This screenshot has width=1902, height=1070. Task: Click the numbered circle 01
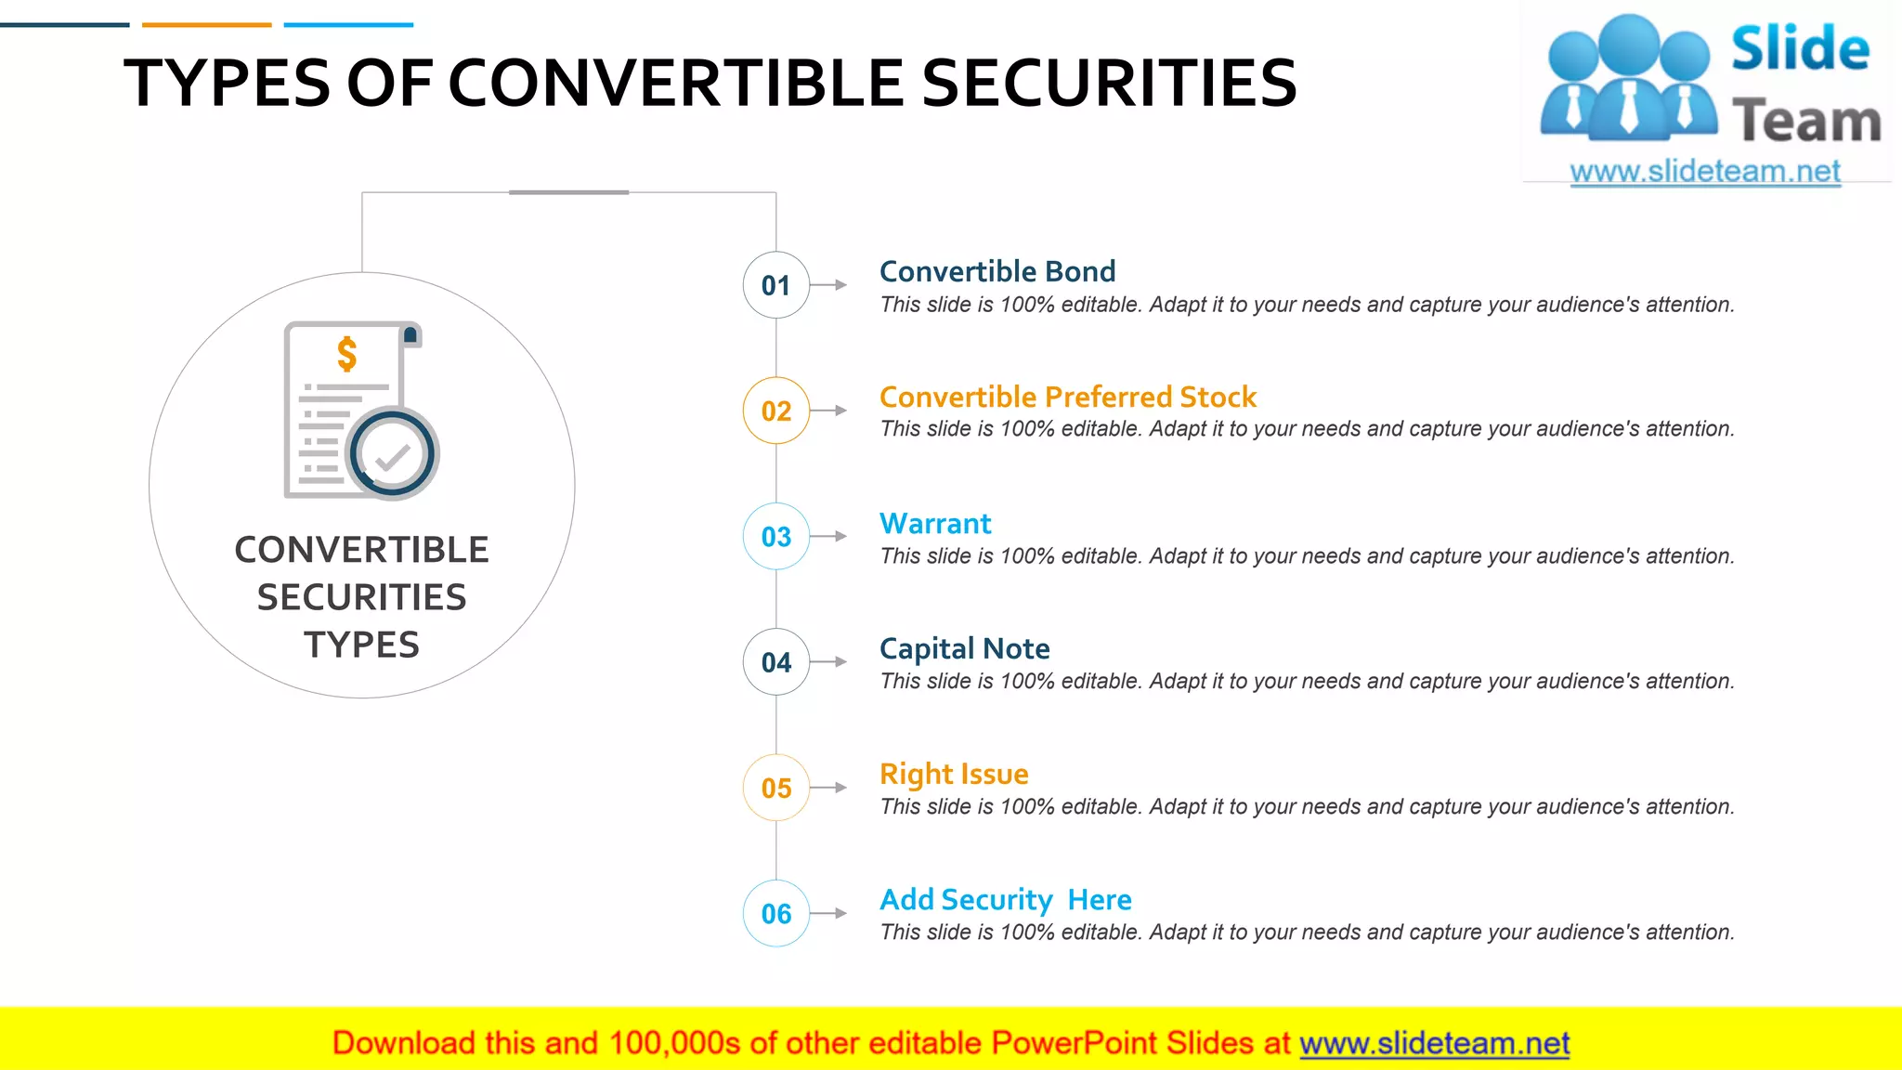(x=775, y=285)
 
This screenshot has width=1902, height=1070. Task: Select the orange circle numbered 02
(x=775, y=411)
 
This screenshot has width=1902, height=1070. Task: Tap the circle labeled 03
(x=775, y=536)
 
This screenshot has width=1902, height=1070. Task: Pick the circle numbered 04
(x=775, y=662)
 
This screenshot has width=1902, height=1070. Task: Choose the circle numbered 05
(x=775, y=788)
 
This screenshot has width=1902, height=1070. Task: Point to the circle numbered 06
(x=775, y=913)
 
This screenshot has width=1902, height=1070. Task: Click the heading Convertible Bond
(x=997, y=271)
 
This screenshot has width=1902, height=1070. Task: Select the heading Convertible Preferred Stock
(x=1067, y=397)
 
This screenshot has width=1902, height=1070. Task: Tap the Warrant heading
(x=935, y=523)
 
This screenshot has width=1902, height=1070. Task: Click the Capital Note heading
(x=964, y=648)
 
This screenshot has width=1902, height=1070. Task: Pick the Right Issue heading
(x=954, y=774)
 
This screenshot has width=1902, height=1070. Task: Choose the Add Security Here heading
(x=1005, y=899)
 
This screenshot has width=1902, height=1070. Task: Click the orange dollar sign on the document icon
(x=346, y=354)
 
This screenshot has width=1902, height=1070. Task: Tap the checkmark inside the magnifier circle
(x=393, y=456)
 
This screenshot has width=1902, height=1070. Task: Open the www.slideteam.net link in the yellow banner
(x=1434, y=1043)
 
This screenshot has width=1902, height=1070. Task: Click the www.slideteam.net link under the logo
(x=1704, y=171)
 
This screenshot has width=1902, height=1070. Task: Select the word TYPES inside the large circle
(x=361, y=645)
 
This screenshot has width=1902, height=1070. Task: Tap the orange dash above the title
(x=206, y=25)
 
